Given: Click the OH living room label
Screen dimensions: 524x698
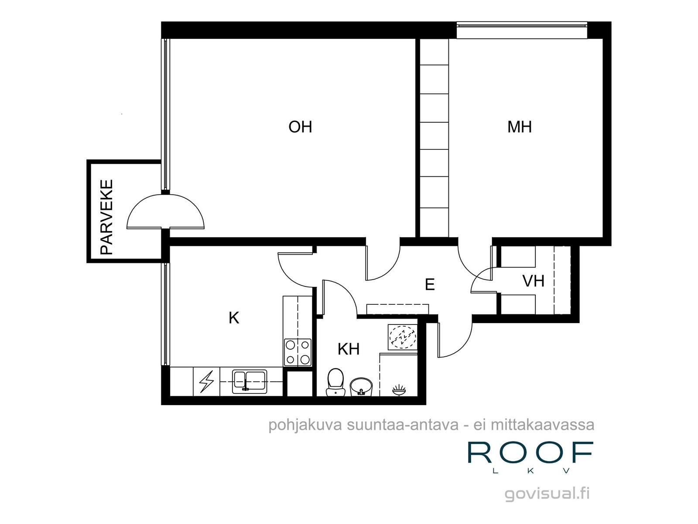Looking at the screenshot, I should pyautogui.click(x=300, y=127).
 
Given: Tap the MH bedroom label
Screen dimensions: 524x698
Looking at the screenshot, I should pyautogui.click(x=519, y=127).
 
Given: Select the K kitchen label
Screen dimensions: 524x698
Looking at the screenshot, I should pyautogui.click(x=234, y=318).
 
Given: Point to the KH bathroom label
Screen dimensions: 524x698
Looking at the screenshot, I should pyautogui.click(x=349, y=349).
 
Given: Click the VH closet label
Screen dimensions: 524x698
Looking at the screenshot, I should pyautogui.click(x=533, y=281).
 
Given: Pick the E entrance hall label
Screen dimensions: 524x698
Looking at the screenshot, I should pyautogui.click(x=430, y=285).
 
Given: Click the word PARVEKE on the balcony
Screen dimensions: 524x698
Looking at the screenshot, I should pyautogui.click(x=107, y=217).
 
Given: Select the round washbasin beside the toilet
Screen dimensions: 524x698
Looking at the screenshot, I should pyautogui.click(x=361, y=386).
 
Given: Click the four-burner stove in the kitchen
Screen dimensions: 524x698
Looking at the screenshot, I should pyautogui.click(x=298, y=352).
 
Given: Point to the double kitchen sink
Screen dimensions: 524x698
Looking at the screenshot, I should pyautogui.click(x=249, y=381).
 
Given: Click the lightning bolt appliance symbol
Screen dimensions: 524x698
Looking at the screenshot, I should pyautogui.click(x=206, y=382).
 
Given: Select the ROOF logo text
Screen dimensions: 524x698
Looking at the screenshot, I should pyautogui.click(x=530, y=453).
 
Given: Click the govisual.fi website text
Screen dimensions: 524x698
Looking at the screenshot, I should pyautogui.click(x=547, y=494).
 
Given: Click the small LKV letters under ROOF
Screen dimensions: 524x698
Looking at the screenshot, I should pyautogui.click(x=530, y=471).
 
